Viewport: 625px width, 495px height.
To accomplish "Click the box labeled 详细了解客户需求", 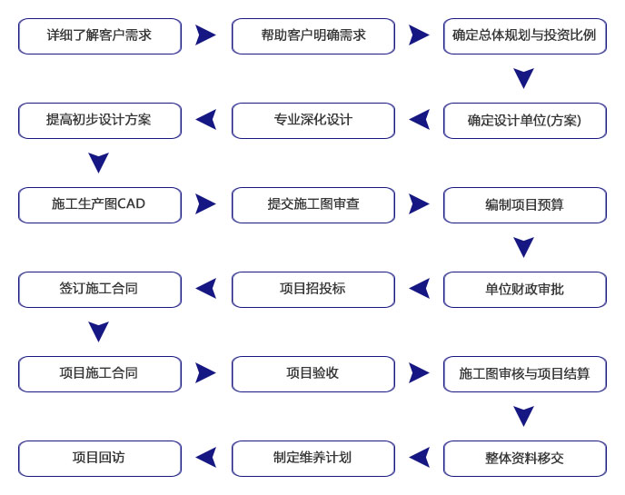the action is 100,36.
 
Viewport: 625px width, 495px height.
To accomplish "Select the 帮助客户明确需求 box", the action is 313,36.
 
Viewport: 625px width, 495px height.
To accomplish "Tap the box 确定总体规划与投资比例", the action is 525,36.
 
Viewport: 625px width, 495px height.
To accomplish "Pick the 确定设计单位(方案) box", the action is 525,121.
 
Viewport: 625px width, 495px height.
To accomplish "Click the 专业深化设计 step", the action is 313,121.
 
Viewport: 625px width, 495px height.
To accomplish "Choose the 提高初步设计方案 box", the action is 100,121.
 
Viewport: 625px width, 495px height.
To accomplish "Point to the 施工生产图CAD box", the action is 100,205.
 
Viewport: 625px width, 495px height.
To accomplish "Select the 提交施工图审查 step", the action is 313,205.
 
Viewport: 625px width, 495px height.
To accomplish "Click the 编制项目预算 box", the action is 525,205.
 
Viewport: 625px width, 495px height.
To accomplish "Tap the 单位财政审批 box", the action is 525,290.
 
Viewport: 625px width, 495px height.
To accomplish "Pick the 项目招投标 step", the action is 313,290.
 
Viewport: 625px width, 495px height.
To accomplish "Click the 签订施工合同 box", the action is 100,290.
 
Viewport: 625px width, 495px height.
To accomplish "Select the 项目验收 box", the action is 313,374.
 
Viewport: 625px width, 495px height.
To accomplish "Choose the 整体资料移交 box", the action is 525,459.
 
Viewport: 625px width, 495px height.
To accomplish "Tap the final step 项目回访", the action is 100,459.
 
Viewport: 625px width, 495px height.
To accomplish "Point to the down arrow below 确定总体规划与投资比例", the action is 524,77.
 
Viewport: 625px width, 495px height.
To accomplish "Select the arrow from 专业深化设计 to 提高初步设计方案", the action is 205,120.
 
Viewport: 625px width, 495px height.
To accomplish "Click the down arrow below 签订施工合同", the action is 98,331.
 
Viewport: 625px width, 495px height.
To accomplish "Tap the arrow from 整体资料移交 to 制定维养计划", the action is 419,458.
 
